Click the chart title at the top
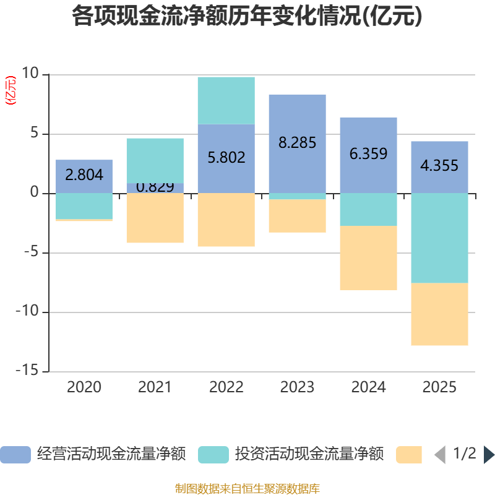click(x=247, y=17)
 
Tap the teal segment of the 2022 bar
click(x=226, y=100)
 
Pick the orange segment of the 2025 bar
click(x=439, y=314)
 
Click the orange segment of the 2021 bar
click(x=155, y=218)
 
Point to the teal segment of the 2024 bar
click(x=368, y=209)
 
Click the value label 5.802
click(x=226, y=157)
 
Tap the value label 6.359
click(x=368, y=153)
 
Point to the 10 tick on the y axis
click(x=30, y=74)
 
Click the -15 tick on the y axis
click(x=27, y=371)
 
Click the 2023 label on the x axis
click(x=297, y=387)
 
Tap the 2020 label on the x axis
click(x=84, y=387)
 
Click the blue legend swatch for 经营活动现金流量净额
click(x=15, y=455)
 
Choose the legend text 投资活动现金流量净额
click(x=309, y=454)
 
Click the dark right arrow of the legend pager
click(x=488, y=455)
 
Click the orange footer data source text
click(x=247, y=488)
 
